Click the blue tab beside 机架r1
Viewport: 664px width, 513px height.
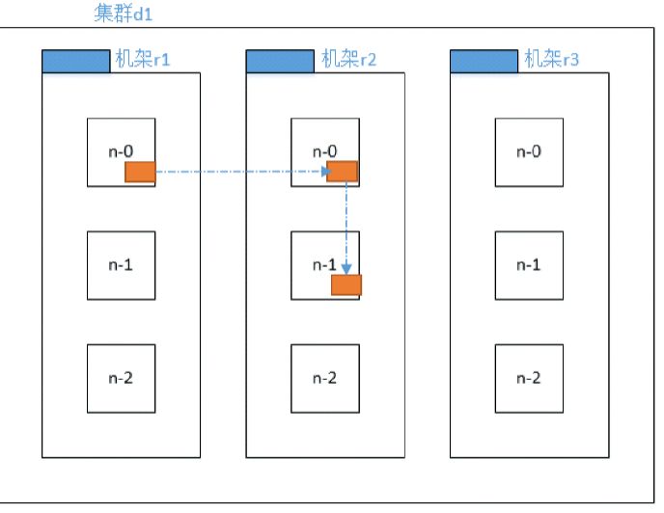pos(75,61)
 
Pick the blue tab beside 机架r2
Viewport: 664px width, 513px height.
pos(280,61)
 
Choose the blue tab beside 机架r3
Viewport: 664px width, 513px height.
pos(484,61)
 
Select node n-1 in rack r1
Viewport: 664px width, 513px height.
pos(121,264)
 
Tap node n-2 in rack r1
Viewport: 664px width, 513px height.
pos(121,377)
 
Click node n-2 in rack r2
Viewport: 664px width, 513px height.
pos(325,377)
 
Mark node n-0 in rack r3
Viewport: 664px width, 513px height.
pos(529,151)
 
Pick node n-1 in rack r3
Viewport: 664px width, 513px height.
pos(529,264)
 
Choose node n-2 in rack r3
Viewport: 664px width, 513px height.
pos(529,377)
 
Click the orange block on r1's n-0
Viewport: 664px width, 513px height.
pos(140,172)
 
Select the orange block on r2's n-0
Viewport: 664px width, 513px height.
pos(343,172)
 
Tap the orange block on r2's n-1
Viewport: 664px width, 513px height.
pos(346,284)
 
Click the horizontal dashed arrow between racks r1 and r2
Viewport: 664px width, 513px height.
pos(241,173)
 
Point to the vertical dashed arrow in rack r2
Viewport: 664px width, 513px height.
pos(346,227)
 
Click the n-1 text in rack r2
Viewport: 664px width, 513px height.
pos(325,264)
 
